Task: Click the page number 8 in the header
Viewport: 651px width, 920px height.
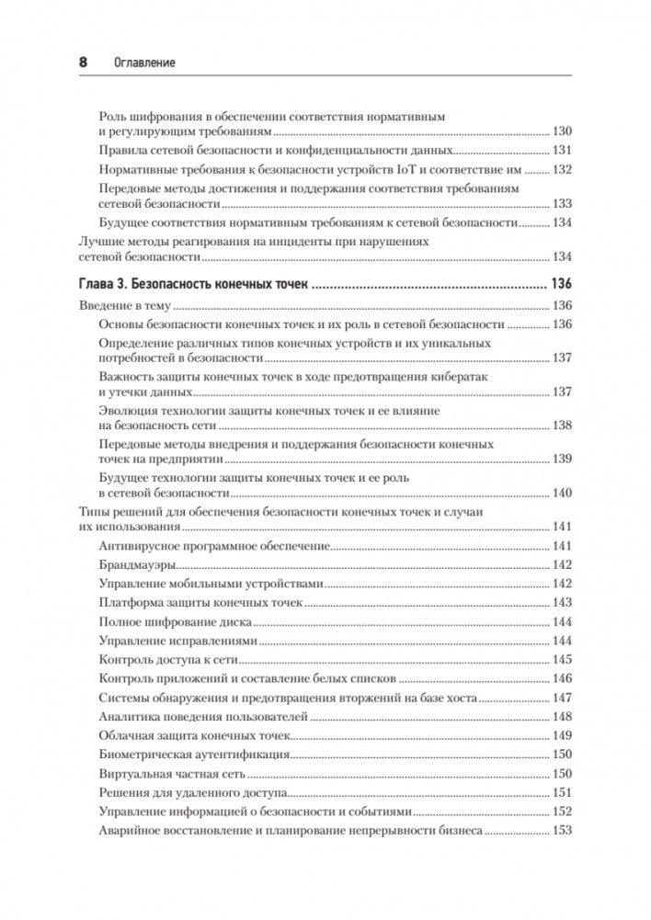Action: point(82,62)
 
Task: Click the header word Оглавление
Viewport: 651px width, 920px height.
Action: point(143,62)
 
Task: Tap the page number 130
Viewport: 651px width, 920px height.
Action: point(561,132)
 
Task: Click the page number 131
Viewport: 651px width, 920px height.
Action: point(561,151)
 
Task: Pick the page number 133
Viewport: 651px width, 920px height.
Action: point(561,204)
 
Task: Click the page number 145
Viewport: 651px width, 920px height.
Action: point(561,660)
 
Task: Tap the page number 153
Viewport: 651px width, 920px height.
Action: point(561,831)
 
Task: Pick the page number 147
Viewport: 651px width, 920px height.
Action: point(561,698)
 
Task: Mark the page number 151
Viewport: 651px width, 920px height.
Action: point(561,793)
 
